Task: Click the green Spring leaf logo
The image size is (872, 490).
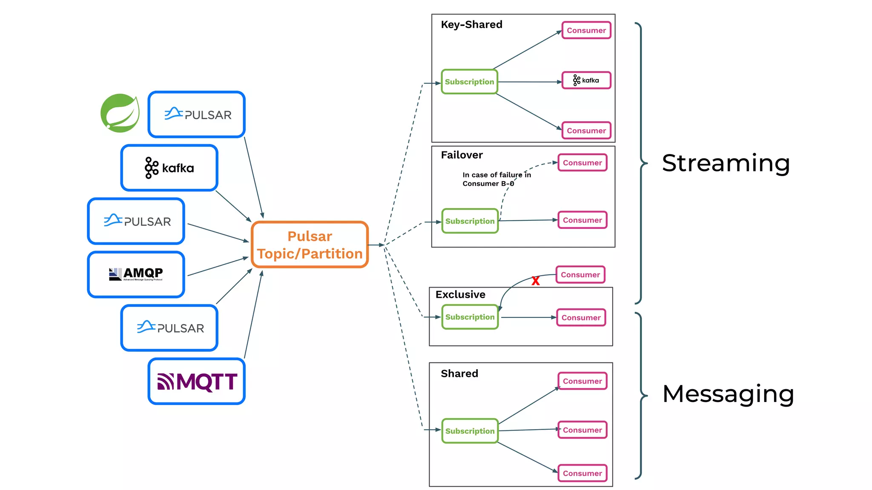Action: click(x=120, y=113)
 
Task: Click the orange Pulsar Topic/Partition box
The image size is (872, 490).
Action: click(x=310, y=245)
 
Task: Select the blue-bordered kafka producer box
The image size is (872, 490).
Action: click(x=169, y=168)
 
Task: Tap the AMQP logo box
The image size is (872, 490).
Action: click(x=136, y=274)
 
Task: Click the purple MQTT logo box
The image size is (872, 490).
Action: click(x=197, y=382)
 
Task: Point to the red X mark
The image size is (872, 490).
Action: click(x=535, y=281)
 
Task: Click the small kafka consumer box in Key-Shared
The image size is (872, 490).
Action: click(x=586, y=80)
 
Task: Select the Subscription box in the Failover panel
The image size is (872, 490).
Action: click(x=470, y=221)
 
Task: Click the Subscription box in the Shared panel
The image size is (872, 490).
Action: click(x=470, y=431)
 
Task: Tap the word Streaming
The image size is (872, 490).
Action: click(x=726, y=163)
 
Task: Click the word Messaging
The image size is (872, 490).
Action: click(x=728, y=394)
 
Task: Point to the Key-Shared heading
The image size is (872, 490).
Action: click(x=471, y=25)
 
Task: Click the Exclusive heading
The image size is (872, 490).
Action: click(x=460, y=294)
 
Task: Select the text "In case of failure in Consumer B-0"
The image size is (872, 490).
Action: click(x=496, y=179)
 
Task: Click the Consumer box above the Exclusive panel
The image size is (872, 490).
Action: click(x=580, y=275)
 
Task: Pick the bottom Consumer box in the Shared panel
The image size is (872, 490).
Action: click(x=582, y=473)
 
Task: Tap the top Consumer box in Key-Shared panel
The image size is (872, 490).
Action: click(x=586, y=31)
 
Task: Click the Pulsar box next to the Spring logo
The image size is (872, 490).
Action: click(x=197, y=115)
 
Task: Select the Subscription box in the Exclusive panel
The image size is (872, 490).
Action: click(x=470, y=317)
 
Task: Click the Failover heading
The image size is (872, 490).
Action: click(x=462, y=155)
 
